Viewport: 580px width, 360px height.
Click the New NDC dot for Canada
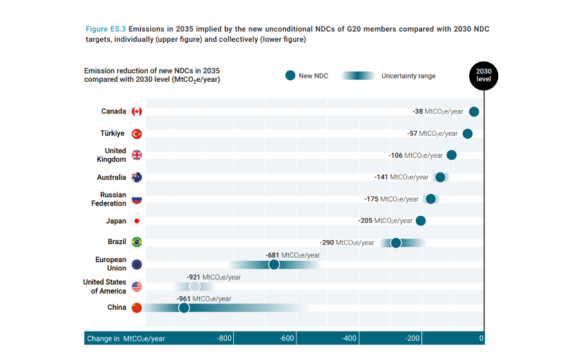point(474,111)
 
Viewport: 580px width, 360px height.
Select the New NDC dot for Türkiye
point(468,133)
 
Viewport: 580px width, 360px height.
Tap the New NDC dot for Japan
point(421,221)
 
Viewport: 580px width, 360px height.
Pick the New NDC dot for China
point(184,308)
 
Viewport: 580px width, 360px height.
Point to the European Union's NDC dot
point(274,264)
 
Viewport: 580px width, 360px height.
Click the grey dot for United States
point(195,286)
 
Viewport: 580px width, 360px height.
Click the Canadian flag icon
point(137,111)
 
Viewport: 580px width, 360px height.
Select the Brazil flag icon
point(137,242)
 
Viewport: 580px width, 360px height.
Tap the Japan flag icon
point(137,221)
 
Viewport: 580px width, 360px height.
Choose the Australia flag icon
point(137,177)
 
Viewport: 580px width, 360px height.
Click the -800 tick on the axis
point(224,339)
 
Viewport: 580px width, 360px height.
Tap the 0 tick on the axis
point(481,339)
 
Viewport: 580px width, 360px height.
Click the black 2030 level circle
point(483,75)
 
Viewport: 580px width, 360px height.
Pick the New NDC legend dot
point(290,75)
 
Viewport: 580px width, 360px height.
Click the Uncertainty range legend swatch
point(358,75)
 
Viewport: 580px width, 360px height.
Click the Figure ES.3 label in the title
point(106,29)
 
